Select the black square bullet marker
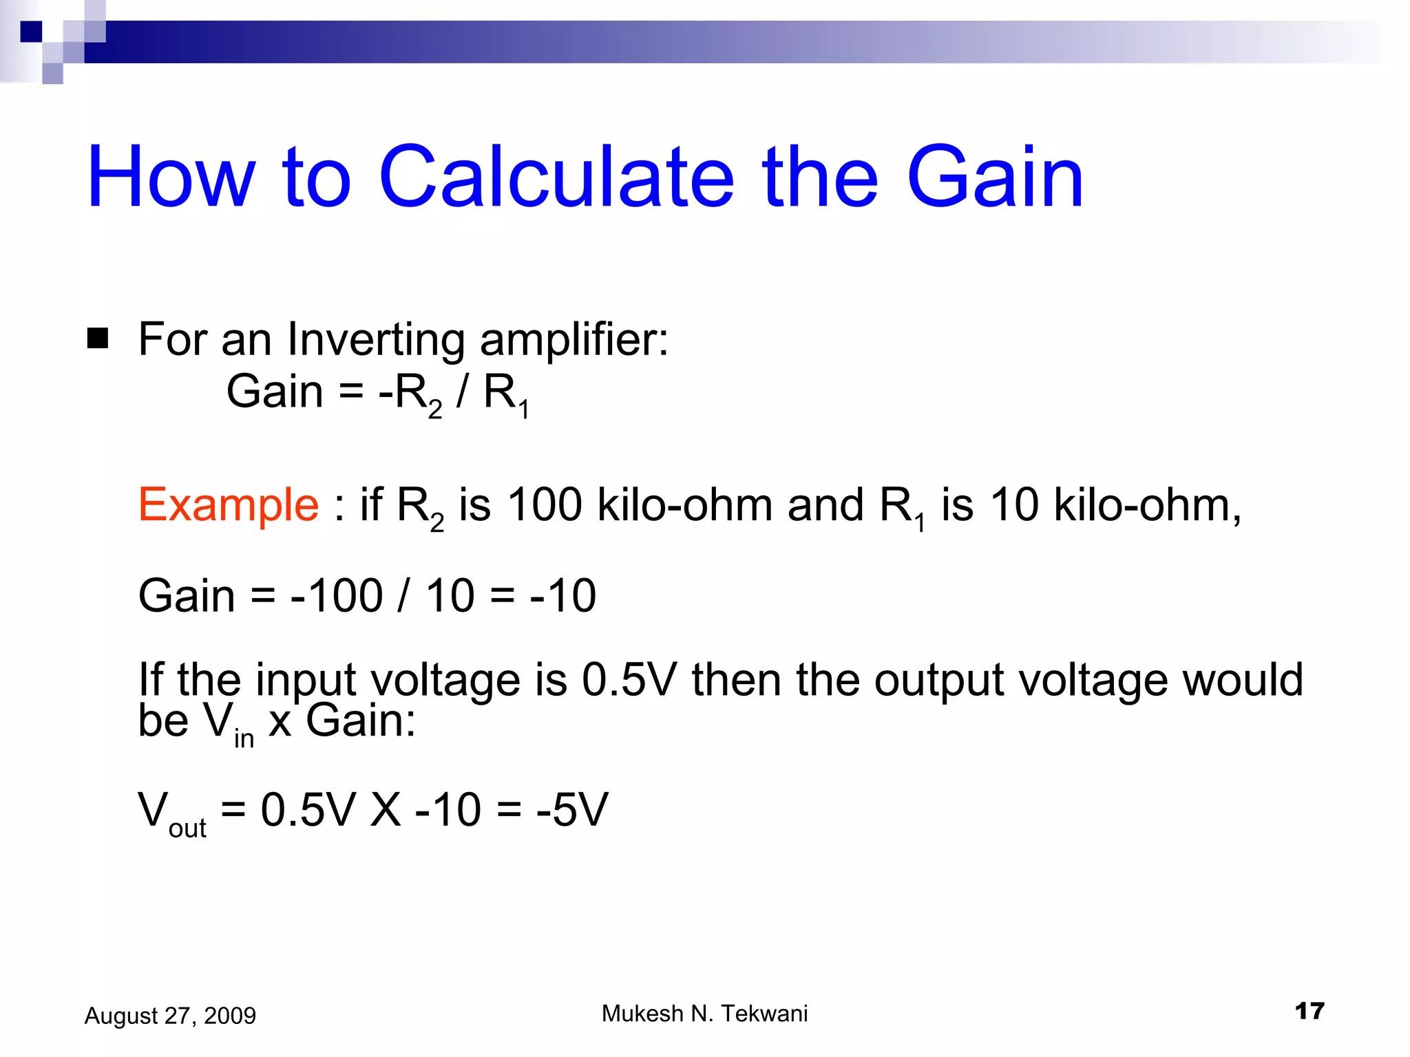(x=98, y=339)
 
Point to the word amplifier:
(x=574, y=341)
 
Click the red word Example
(x=229, y=505)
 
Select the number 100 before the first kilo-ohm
(x=545, y=505)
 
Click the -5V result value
(x=572, y=809)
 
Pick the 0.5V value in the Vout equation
(x=308, y=809)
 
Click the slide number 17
(x=1309, y=1011)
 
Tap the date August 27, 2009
(x=170, y=1016)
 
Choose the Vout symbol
(x=171, y=813)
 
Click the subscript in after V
(x=244, y=738)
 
